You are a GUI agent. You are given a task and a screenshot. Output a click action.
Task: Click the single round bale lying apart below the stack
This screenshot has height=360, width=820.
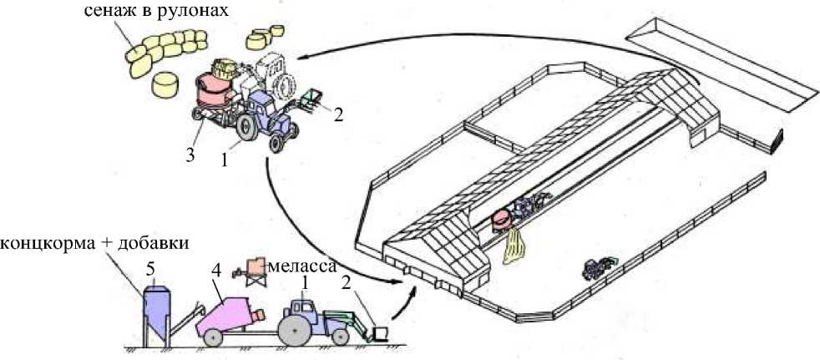click(x=166, y=85)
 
